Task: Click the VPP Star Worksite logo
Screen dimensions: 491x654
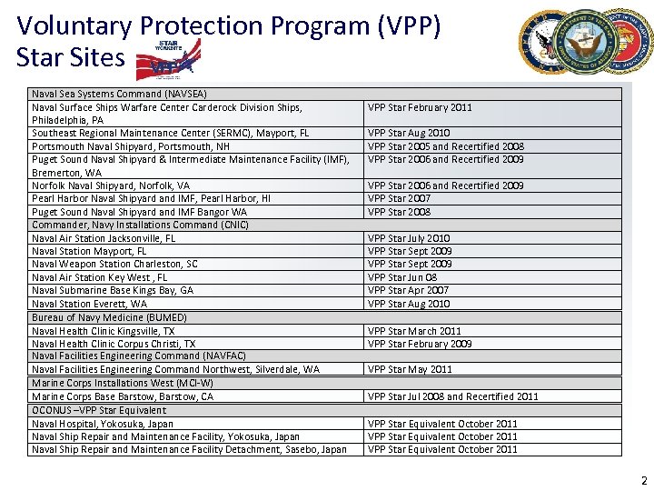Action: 168,61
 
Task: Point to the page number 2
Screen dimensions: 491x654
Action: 643,479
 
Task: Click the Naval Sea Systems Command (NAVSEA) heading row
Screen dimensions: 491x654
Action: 119,94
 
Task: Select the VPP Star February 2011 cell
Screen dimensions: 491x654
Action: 420,107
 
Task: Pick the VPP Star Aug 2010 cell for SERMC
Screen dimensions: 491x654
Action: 408,133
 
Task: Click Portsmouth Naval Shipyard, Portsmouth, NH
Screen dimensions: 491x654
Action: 131,146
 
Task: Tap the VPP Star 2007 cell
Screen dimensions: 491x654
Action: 399,198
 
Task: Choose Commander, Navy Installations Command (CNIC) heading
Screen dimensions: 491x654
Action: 140,225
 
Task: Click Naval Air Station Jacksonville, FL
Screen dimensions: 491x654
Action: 104,238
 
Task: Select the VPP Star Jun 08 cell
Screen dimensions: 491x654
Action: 401,277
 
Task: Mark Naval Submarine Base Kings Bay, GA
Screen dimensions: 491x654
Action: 113,290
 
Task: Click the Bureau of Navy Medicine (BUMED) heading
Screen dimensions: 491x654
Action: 109,317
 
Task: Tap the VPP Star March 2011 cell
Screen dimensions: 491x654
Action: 414,331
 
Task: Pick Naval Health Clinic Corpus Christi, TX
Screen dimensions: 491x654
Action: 114,344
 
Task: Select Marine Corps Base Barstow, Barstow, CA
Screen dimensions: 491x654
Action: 123,396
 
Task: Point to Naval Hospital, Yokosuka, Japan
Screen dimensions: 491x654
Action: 103,424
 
